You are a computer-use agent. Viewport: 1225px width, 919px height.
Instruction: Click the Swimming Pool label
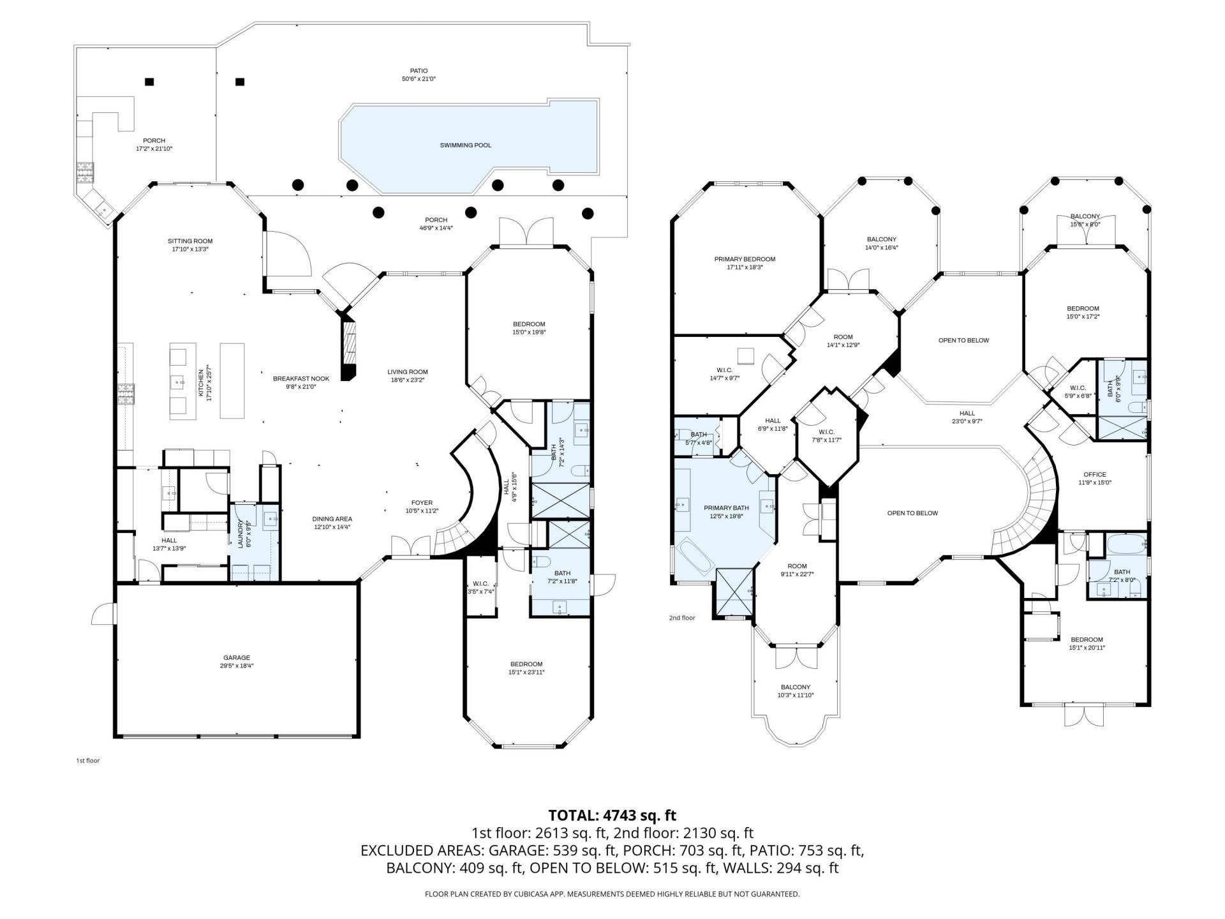click(465, 146)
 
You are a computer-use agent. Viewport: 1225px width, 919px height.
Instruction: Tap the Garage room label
click(236, 658)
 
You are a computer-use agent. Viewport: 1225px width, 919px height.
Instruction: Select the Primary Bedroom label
click(745, 259)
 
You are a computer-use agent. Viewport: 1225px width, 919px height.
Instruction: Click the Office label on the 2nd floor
click(1094, 475)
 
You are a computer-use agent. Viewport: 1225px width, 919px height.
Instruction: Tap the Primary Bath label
click(726, 508)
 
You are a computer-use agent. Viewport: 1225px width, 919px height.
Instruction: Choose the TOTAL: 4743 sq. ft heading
click(612, 815)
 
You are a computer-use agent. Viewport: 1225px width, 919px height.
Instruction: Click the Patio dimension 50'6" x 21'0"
click(419, 79)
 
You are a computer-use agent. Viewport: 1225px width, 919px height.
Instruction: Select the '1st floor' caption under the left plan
click(87, 761)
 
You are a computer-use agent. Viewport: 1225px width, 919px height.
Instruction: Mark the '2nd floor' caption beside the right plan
click(681, 618)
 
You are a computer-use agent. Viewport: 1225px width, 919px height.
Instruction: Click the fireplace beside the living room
click(348, 348)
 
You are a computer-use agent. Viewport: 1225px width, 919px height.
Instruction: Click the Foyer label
click(422, 502)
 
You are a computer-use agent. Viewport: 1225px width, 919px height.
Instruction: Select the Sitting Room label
click(189, 241)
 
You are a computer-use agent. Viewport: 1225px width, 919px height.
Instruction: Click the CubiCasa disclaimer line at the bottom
click(612, 894)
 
